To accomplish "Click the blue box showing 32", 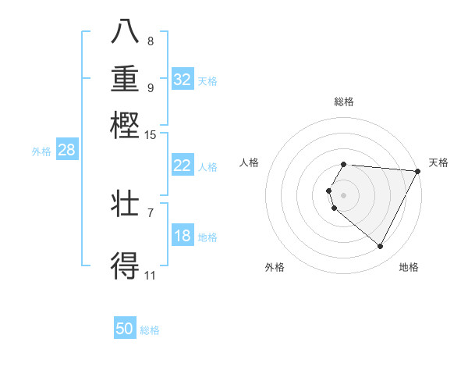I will click(183, 79).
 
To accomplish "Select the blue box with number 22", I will click(183, 166).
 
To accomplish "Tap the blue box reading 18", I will click(183, 236).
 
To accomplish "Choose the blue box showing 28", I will click(66, 151).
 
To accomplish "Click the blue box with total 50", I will click(125, 329).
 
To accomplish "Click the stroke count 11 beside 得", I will click(150, 275).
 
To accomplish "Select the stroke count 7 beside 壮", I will click(151, 212).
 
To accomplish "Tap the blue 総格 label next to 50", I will click(150, 330).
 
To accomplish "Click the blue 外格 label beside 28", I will click(41, 152).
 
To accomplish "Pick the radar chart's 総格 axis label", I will click(344, 102).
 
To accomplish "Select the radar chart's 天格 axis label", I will click(438, 162).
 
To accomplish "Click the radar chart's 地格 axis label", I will click(409, 267).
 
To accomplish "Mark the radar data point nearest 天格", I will click(417, 171).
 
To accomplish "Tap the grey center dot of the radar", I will click(344, 194).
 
